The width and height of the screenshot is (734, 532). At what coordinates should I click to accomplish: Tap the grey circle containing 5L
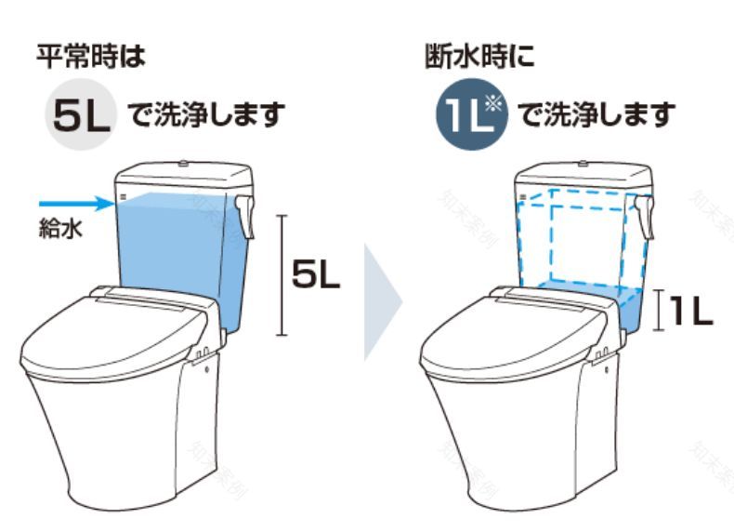(x=80, y=114)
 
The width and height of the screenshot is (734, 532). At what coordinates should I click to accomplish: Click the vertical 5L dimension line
(x=282, y=274)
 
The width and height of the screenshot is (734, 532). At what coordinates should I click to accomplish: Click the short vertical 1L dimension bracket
(x=658, y=311)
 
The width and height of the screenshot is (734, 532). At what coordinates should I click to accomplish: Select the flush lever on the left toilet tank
(x=245, y=213)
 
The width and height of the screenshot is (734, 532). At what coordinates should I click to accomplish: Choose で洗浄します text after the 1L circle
(x=595, y=116)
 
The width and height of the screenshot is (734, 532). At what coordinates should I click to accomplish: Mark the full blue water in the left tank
(x=172, y=246)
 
